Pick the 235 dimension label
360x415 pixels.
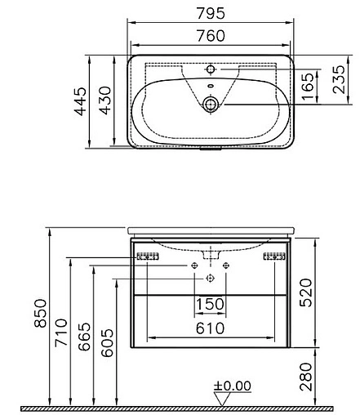tap(338, 83)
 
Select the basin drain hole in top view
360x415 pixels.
tap(211, 104)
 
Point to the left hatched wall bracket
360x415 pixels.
tap(147, 257)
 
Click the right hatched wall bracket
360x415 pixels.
tap(273, 257)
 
